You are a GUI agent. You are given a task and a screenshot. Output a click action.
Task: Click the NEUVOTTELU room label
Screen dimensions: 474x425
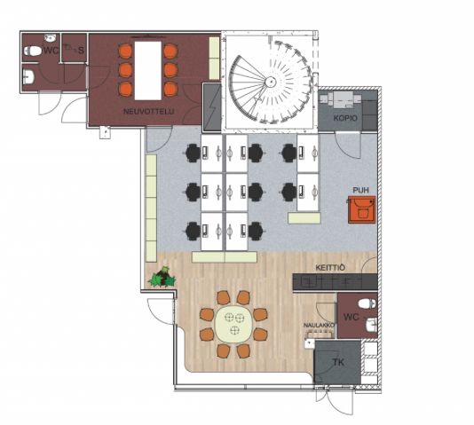(x=148, y=112)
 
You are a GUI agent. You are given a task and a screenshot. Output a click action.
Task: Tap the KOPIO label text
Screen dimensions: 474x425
(x=345, y=118)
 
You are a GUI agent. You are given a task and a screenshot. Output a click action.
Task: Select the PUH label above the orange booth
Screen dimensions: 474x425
(x=361, y=190)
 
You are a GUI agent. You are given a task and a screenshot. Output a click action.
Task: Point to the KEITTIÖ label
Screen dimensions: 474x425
(x=330, y=268)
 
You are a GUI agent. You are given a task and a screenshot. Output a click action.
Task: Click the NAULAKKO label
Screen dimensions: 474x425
(x=320, y=326)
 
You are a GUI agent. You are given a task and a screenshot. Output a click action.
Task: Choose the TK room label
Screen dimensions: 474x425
(x=338, y=362)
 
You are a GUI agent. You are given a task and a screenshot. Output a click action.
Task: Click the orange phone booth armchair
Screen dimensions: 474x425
(x=362, y=209)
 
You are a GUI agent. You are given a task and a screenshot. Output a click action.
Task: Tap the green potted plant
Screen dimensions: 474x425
(x=162, y=277)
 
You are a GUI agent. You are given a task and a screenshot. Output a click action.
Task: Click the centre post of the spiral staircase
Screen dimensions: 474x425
(x=270, y=81)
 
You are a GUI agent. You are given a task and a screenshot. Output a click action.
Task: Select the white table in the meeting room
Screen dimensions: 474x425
(x=148, y=70)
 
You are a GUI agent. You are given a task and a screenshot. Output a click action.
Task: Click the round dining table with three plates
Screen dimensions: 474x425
(x=233, y=324)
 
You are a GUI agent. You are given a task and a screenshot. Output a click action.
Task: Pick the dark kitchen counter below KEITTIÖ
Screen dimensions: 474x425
(x=335, y=282)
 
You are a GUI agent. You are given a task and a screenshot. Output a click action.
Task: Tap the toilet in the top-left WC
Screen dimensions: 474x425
(x=33, y=51)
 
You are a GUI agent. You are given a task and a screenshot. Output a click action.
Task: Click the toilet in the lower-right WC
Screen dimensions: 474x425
(x=367, y=303)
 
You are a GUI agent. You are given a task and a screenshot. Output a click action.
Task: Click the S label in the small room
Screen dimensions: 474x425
(x=81, y=51)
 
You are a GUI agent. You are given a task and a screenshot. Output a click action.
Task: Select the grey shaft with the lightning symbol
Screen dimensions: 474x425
(x=211, y=107)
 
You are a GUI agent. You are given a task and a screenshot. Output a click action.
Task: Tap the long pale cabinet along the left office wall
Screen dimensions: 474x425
(x=151, y=209)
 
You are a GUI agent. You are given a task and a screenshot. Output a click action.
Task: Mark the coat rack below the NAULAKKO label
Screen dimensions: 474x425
(x=320, y=334)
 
